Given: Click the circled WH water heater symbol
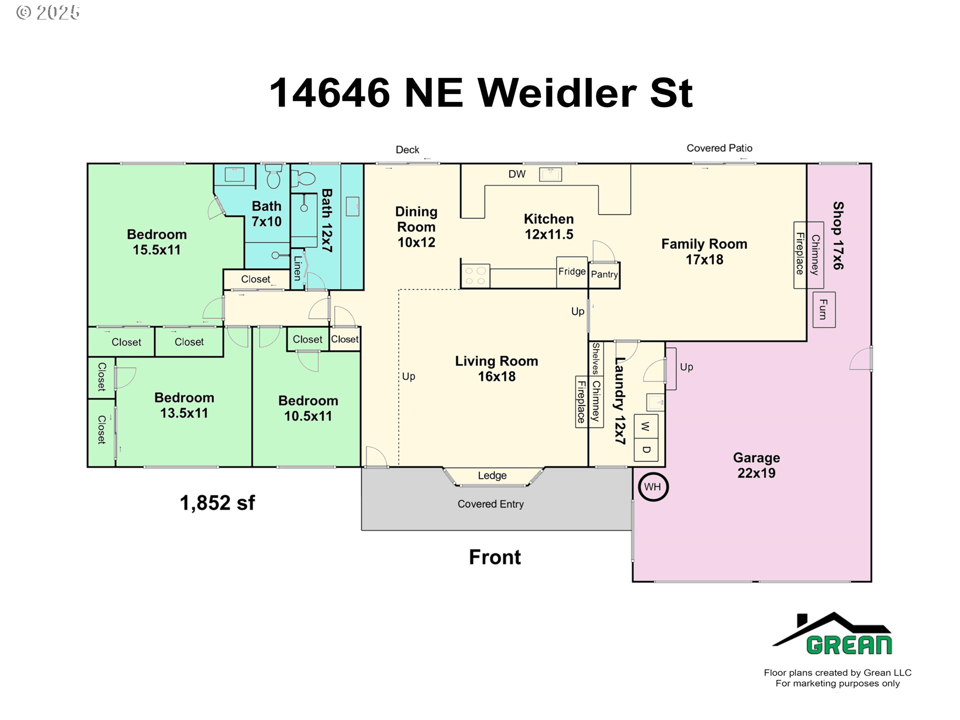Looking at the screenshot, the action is (x=653, y=486).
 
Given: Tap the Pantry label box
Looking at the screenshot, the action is (x=604, y=275).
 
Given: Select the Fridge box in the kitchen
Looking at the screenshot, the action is (x=572, y=272).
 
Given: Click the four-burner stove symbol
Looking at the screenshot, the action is (x=475, y=276).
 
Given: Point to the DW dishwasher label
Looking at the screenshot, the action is (x=517, y=174).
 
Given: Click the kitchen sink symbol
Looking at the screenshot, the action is (x=550, y=174).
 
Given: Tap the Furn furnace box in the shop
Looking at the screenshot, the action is (x=824, y=309).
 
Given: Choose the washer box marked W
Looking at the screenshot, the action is (x=646, y=426).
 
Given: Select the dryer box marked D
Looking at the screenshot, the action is (x=646, y=449).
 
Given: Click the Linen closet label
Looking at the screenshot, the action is (x=297, y=268).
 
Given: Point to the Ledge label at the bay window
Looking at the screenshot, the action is (x=492, y=475).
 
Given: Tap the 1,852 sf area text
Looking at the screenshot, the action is (x=217, y=503).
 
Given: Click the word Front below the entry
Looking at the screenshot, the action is (x=494, y=557).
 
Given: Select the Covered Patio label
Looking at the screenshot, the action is (x=719, y=148).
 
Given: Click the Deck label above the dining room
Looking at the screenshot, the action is (x=407, y=149).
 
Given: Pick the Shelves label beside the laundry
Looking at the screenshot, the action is (x=595, y=358).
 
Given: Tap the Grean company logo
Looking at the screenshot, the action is (x=832, y=634).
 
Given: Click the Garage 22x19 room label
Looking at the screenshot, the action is (x=756, y=465).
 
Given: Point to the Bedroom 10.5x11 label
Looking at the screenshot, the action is (x=308, y=408).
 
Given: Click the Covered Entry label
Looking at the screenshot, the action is (x=490, y=504).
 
